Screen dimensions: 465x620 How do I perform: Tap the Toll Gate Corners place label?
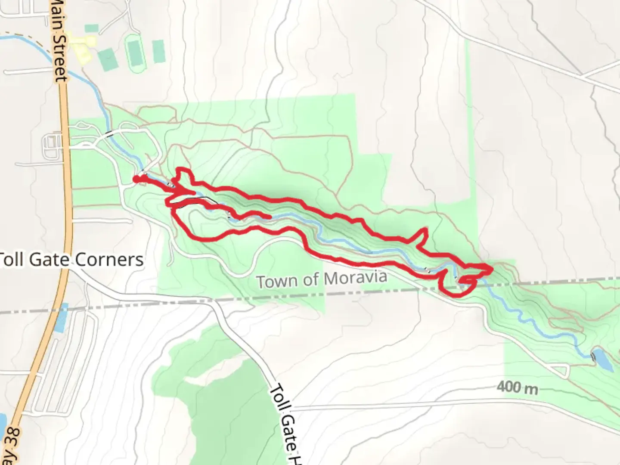(71, 259)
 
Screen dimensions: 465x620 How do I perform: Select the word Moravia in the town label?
(355, 278)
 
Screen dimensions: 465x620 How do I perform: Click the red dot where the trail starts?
(136, 179)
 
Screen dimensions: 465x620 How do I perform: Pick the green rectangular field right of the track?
(159, 51)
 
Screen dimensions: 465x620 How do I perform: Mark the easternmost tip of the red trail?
(491, 269)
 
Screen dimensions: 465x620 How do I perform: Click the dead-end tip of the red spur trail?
(269, 217)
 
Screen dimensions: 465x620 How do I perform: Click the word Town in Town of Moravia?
(276, 282)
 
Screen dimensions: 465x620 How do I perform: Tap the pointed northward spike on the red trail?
(426, 229)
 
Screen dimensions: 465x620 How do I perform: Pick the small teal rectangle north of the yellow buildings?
(91, 28)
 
